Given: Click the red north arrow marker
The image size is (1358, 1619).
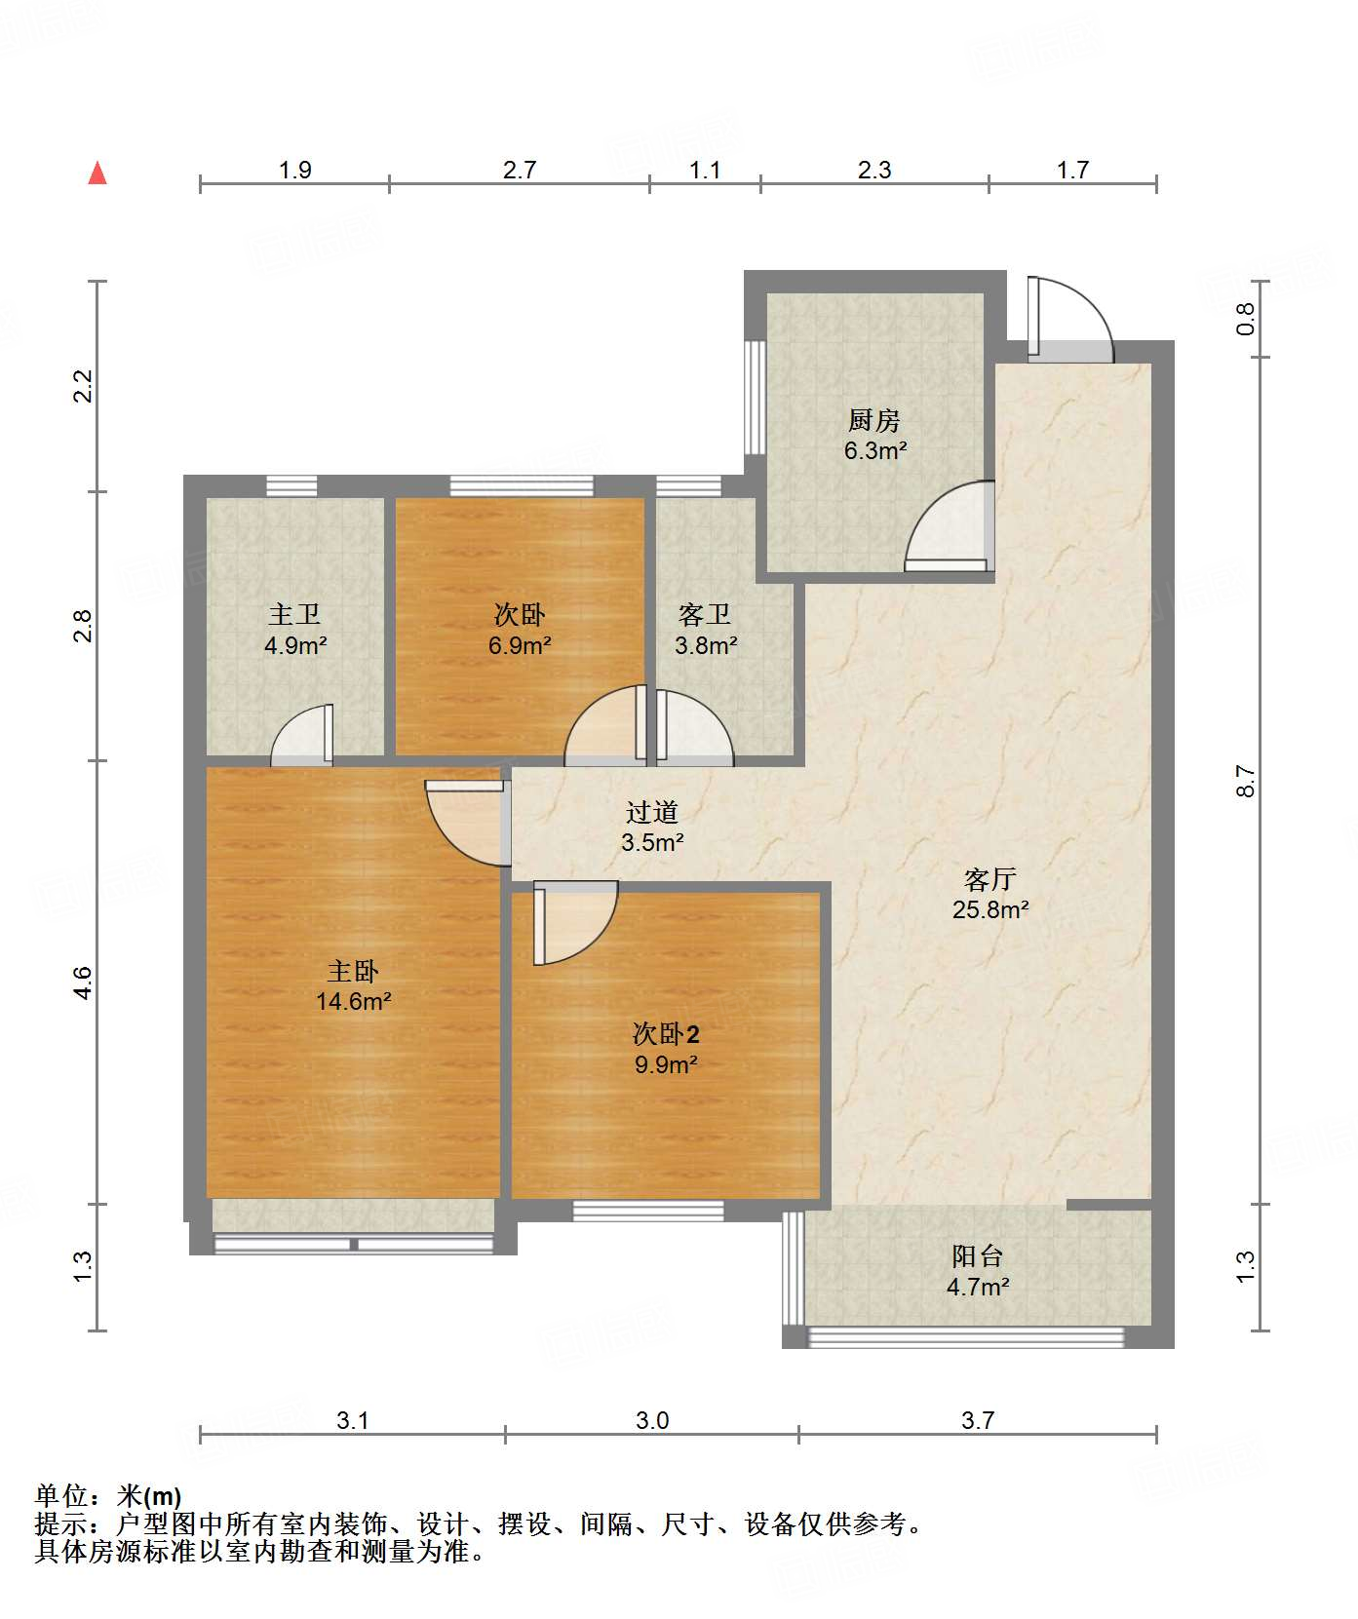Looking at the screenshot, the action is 97,173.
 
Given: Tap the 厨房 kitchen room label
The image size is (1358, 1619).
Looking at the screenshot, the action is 873,421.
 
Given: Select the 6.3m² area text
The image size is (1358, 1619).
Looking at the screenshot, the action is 875,451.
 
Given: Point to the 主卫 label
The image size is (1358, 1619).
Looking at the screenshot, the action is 294,614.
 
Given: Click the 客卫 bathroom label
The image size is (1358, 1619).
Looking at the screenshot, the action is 705,614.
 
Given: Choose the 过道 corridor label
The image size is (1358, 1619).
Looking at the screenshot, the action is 651,812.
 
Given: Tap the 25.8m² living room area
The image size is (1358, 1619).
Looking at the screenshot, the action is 990,909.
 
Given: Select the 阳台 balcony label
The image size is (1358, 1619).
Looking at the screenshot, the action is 977,1256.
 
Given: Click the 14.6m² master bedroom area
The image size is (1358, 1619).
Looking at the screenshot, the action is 353,1001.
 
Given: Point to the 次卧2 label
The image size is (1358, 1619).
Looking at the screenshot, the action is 666,1033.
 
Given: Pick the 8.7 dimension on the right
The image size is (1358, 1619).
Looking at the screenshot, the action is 1245,782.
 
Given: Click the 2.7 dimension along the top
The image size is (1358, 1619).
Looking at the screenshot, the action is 520,171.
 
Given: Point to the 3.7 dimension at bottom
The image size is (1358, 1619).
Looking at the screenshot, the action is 978,1420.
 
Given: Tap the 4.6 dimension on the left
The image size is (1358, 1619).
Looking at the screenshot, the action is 84,982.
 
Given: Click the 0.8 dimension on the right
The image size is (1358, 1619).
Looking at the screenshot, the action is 1245,320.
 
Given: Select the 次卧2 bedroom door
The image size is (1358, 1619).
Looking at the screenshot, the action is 575,922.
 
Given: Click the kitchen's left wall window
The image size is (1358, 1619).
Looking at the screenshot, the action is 755,397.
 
